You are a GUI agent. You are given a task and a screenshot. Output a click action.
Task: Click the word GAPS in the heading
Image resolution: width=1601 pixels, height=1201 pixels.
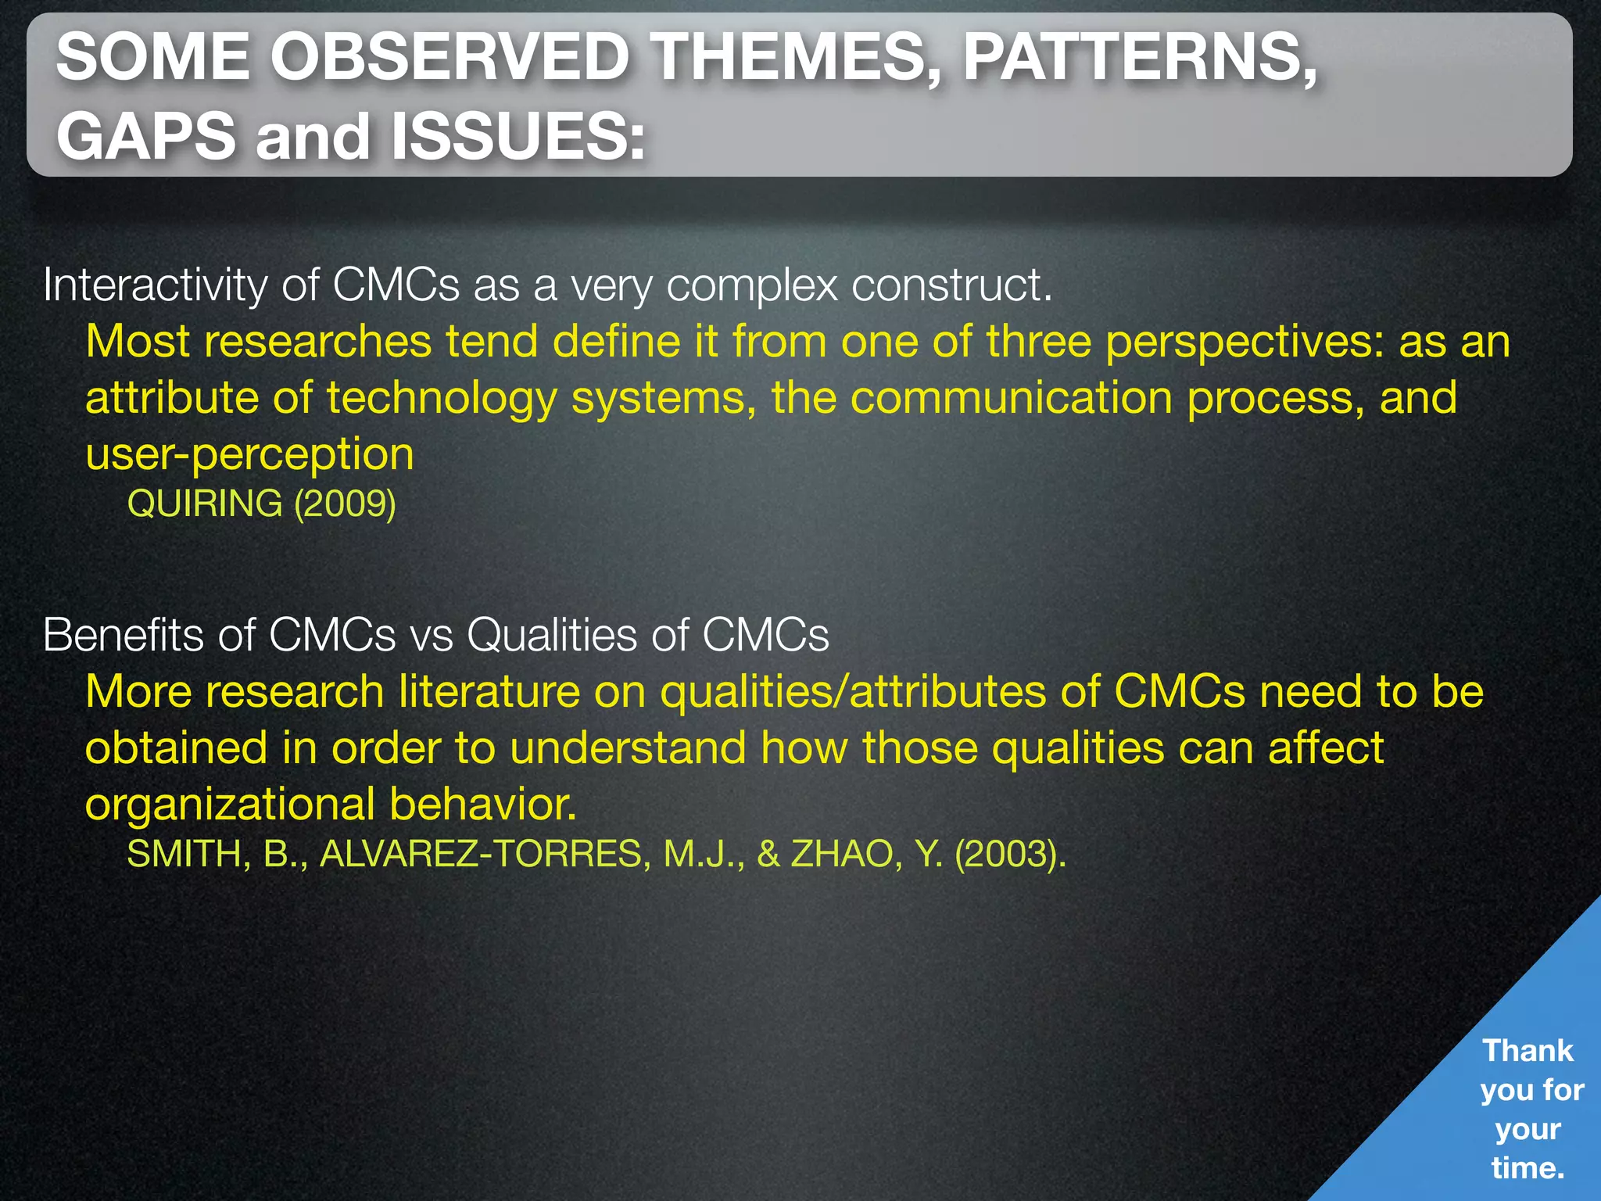pos(146,137)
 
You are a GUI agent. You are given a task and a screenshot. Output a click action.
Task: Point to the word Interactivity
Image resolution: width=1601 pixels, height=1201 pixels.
pos(154,285)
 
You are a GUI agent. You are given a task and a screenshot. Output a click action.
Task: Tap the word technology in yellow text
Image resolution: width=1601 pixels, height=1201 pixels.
pos(442,399)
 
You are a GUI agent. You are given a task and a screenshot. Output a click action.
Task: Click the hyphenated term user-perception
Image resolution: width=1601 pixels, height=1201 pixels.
pos(249,455)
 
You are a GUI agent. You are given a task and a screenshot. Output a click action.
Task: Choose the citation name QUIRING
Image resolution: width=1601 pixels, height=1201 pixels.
pos(205,504)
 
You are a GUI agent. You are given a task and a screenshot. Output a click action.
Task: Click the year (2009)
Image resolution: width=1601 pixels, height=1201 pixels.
pos(345,504)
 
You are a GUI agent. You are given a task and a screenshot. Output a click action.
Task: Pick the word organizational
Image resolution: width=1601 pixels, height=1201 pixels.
pos(231,805)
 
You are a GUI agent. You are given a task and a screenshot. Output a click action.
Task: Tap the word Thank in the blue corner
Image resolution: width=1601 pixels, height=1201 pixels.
pos(1528,1051)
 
